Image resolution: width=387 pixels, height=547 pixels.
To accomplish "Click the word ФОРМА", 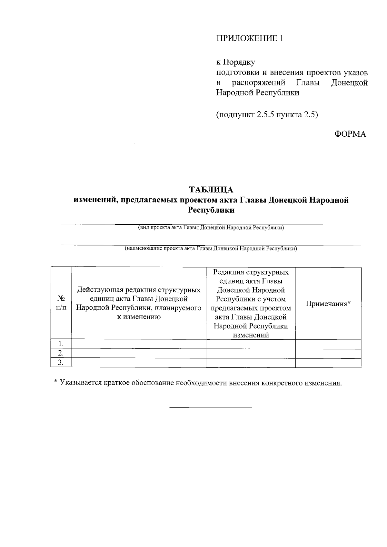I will [350, 134].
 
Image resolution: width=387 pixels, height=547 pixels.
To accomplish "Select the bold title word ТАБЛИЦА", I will [211, 189].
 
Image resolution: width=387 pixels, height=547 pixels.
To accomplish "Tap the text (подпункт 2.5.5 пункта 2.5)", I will [267, 115].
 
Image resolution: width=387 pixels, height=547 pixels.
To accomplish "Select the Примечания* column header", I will [328, 304].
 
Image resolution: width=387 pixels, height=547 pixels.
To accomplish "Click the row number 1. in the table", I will [61, 344].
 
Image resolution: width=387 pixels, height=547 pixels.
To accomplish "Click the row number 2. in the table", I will [61, 353].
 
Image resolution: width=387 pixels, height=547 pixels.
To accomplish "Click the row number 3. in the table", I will [61, 363].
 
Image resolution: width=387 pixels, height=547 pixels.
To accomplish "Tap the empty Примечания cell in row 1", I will [328, 344].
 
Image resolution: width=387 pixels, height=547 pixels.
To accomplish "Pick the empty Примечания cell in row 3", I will [328, 363].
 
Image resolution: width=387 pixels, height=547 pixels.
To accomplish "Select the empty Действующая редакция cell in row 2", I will [138, 353].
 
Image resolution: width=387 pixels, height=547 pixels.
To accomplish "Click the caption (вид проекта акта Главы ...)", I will [211, 228].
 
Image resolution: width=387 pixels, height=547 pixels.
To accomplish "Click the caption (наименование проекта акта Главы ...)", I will [211, 249].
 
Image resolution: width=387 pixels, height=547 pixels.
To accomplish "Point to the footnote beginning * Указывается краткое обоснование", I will [197, 383].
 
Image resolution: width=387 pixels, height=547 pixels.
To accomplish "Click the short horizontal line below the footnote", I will [211, 408].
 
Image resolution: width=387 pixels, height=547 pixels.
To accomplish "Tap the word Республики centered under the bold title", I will [211, 210].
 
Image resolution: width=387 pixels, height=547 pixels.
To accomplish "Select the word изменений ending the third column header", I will [251, 335].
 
